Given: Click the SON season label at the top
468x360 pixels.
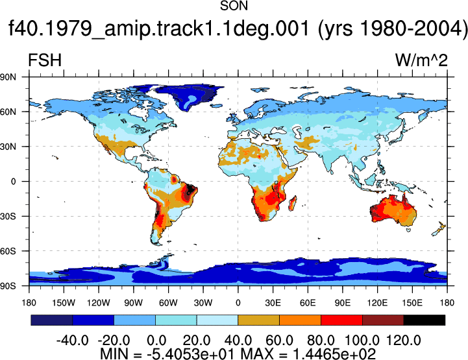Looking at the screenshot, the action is [x=234, y=6].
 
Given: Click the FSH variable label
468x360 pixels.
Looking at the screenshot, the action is [x=45, y=60].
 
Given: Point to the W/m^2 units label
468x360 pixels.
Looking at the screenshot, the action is [x=421, y=60].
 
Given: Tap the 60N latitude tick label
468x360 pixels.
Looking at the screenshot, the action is [x=8, y=112].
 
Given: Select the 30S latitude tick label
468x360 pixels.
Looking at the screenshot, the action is [x=8, y=216].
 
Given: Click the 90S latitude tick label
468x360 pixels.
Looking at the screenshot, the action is [x=8, y=286].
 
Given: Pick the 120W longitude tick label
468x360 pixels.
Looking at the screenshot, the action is [x=99, y=303].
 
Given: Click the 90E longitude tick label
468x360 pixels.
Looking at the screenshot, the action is [x=342, y=303].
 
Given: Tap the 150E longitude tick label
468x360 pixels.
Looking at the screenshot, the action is [x=412, y=303].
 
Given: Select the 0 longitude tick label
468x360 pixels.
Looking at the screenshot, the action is [x=238, y=303].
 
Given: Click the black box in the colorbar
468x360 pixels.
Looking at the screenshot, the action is [x=424, y=320].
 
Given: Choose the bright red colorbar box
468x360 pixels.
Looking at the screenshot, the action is [x=341, y=320].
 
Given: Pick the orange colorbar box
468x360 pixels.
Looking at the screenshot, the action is [x=300, y=320].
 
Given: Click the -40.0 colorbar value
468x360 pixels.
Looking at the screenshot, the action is [x=73, y=341].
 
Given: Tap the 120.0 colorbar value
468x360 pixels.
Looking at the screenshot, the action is [x=404, y=341].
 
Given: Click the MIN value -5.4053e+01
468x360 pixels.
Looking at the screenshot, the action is [x=191, y=354].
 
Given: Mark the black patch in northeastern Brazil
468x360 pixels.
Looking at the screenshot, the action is [x=190, y=190].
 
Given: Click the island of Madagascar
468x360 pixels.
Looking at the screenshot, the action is [x=293, y=203].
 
